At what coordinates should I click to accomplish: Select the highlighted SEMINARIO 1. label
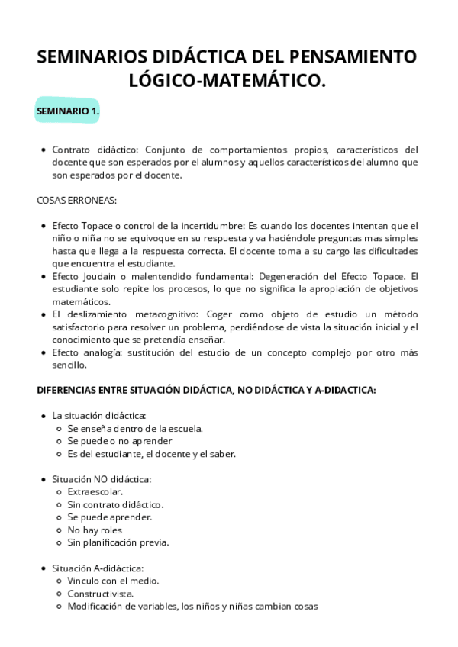click(68, 111)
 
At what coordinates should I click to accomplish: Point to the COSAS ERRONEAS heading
click(76, 201)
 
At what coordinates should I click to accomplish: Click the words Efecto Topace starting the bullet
click(82, 226)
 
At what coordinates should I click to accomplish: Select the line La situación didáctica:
click(98, 416)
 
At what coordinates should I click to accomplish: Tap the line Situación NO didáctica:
click(102, 479)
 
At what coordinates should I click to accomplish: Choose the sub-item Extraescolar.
click(95, 491)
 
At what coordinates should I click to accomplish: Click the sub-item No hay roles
click(95, 530)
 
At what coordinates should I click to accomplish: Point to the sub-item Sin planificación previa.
click(118, 542)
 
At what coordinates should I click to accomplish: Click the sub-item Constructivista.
click(101, 594)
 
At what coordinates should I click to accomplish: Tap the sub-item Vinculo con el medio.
click(113, 581)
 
